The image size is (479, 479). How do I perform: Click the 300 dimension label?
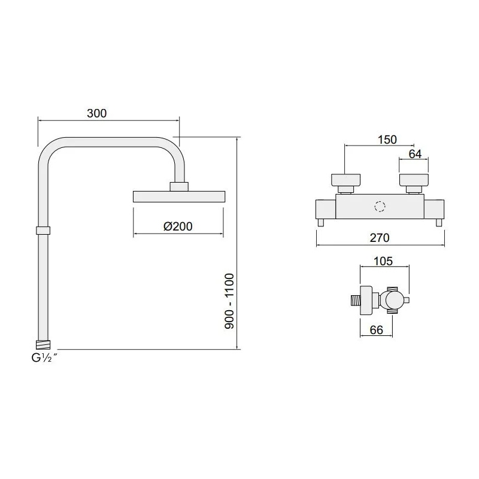pos(97,113)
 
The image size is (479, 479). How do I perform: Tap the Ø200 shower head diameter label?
pos(178,226)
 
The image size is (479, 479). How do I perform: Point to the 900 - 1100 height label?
pos(229,301)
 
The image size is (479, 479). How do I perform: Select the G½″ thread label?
pos(44,357)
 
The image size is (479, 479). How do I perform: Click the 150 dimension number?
pos(387,140)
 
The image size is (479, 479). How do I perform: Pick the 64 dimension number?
pos(415,154)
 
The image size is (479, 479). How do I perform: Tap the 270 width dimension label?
pos(380,238)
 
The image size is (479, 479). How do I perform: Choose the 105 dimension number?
pos(383,261)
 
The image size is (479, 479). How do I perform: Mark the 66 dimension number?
pos(377,330)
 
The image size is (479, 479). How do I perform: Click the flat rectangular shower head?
pos(179,197)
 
